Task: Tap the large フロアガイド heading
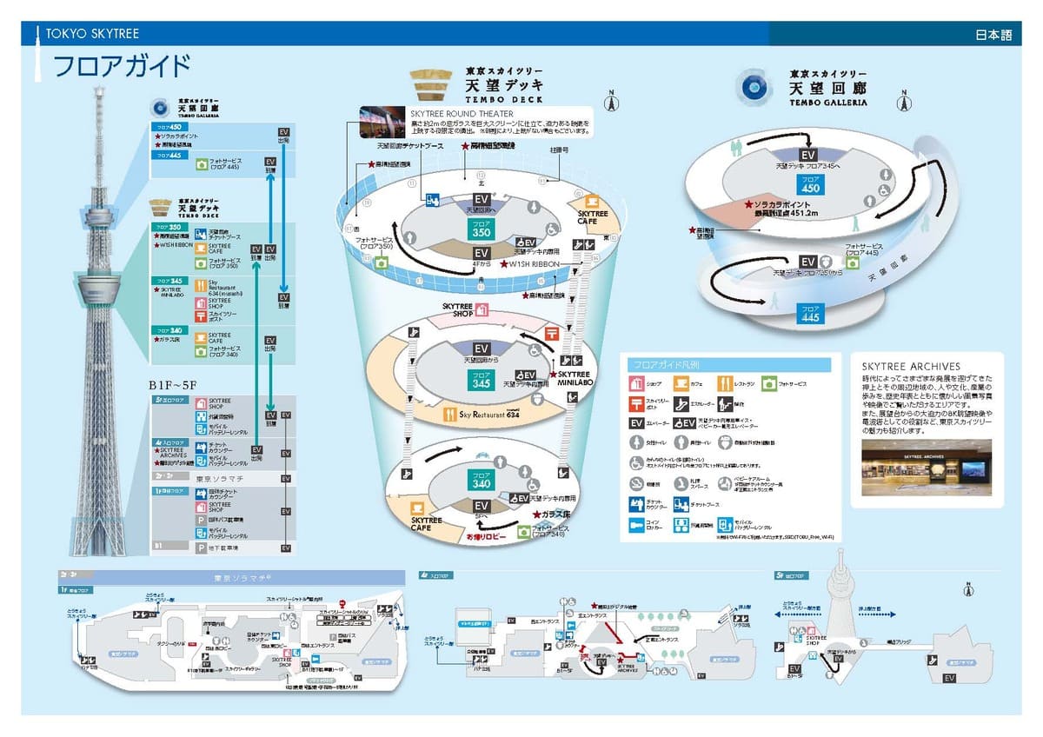click(x=122, y=67)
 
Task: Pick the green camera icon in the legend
click(x=768, y=383)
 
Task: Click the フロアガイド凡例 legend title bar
click(x=728, y=364)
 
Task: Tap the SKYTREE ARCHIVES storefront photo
click(x=927, y=468)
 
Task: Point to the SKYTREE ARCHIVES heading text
click(x=911, y=367)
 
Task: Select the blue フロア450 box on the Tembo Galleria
click(x=810, y=184)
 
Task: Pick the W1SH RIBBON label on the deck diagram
click(x=535, y=264)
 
